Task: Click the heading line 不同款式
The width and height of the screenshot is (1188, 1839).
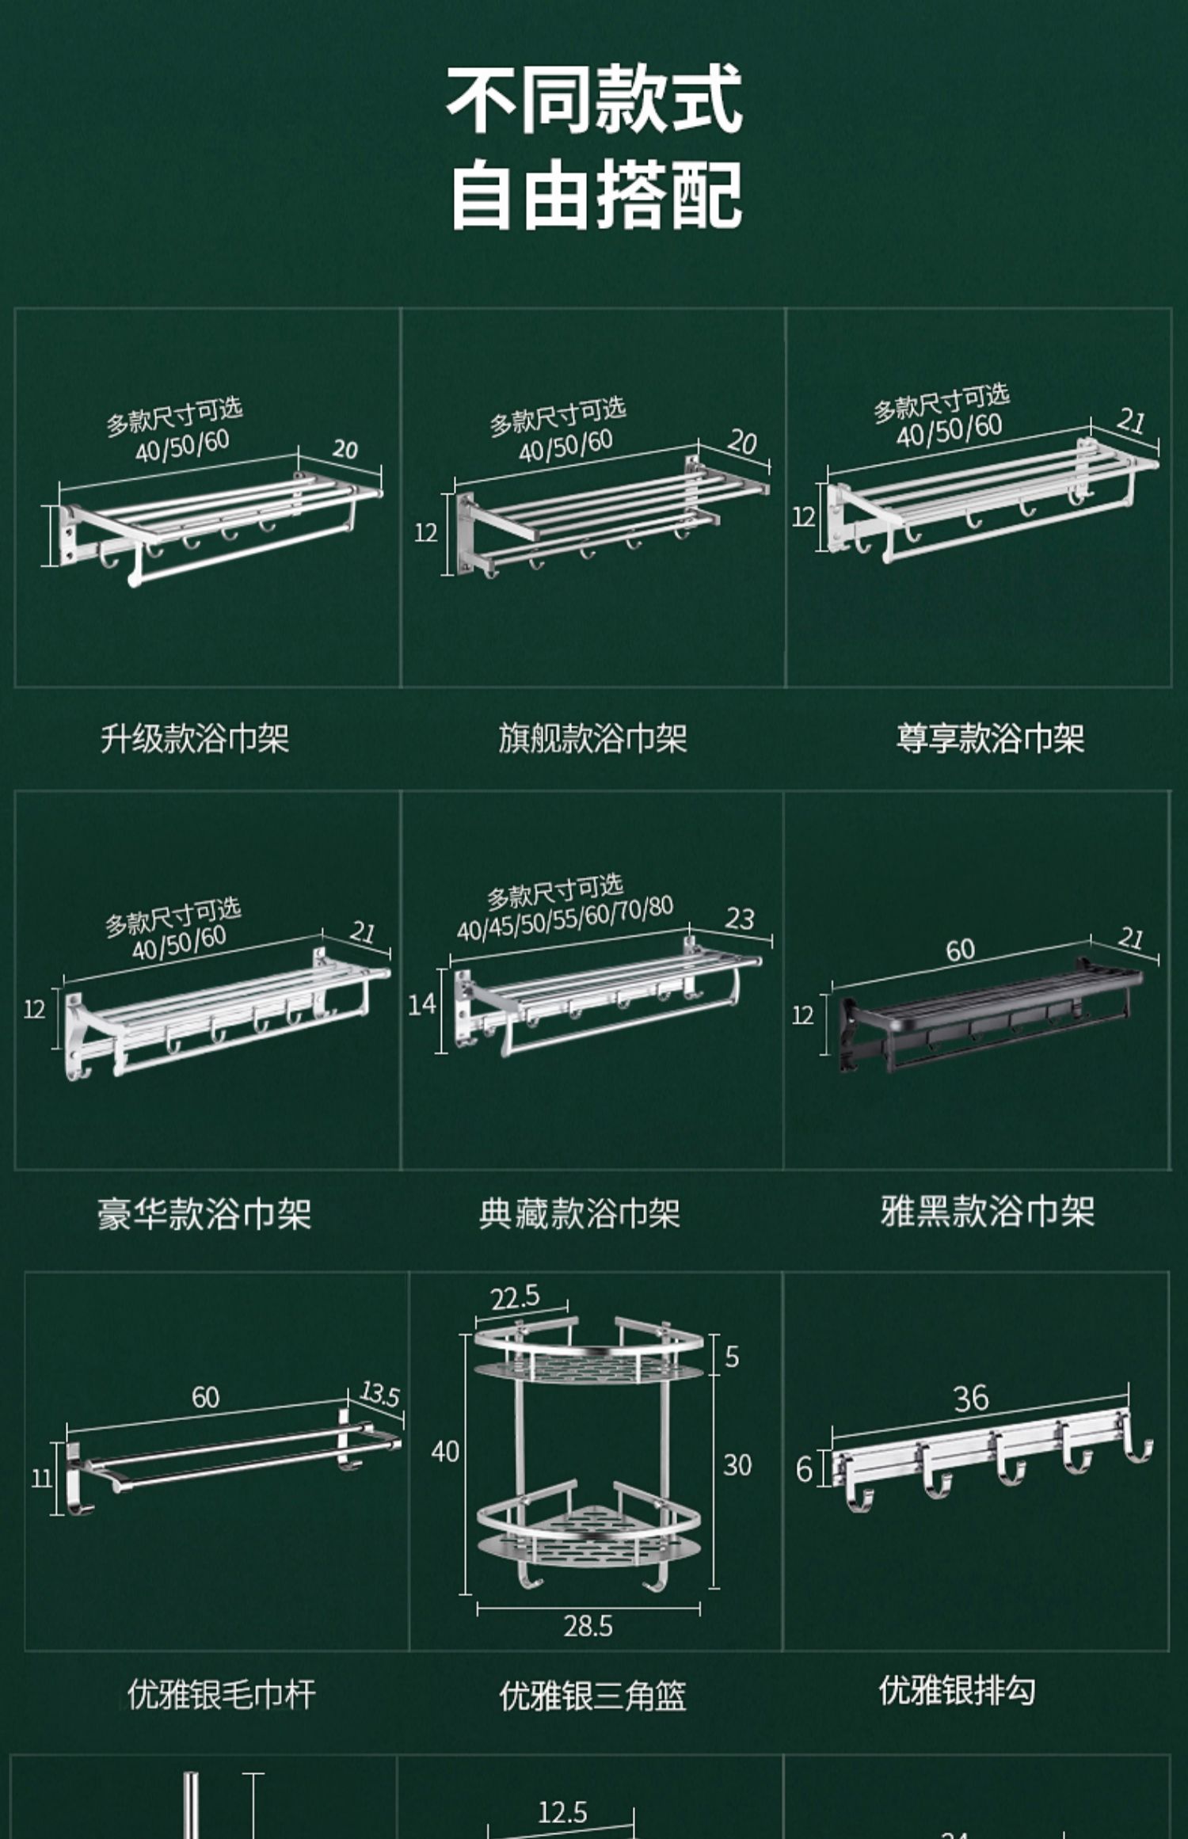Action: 594,100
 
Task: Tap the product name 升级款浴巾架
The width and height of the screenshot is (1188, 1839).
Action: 195,738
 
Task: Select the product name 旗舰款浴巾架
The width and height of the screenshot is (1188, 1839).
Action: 592,738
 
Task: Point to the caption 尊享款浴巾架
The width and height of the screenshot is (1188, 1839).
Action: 990,738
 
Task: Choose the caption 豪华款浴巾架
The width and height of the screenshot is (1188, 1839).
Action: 204,1213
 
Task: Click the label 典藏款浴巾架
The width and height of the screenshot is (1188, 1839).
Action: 580,1213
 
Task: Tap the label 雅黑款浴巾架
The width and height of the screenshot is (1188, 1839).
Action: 987,1211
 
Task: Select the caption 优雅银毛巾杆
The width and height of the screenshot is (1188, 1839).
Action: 222,1694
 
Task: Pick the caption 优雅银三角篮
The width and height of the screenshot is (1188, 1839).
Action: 592,1696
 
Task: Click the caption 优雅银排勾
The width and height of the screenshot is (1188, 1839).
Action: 957,1690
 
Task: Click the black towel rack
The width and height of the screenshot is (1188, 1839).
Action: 990,1018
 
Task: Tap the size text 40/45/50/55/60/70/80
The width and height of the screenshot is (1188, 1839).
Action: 565,919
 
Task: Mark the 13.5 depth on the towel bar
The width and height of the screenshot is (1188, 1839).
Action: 380,1394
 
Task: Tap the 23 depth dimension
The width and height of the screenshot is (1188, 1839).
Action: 740,919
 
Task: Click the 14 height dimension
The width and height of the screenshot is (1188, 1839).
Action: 422,1004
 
